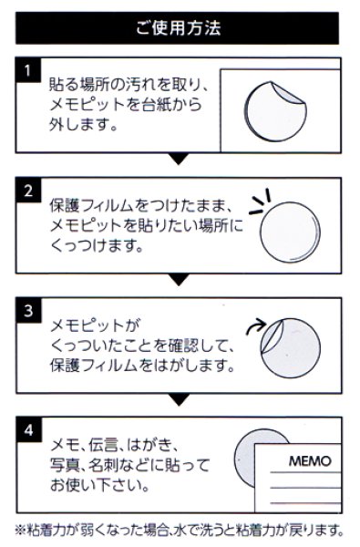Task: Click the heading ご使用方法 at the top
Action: (x=180, y=27)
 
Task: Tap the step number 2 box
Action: (x=29, y=191)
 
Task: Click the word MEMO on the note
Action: (x=309, y=461)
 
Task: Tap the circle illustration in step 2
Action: (x=291, y=232)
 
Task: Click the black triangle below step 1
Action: (x=180, y=159)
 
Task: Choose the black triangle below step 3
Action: (x=180, y=398)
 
